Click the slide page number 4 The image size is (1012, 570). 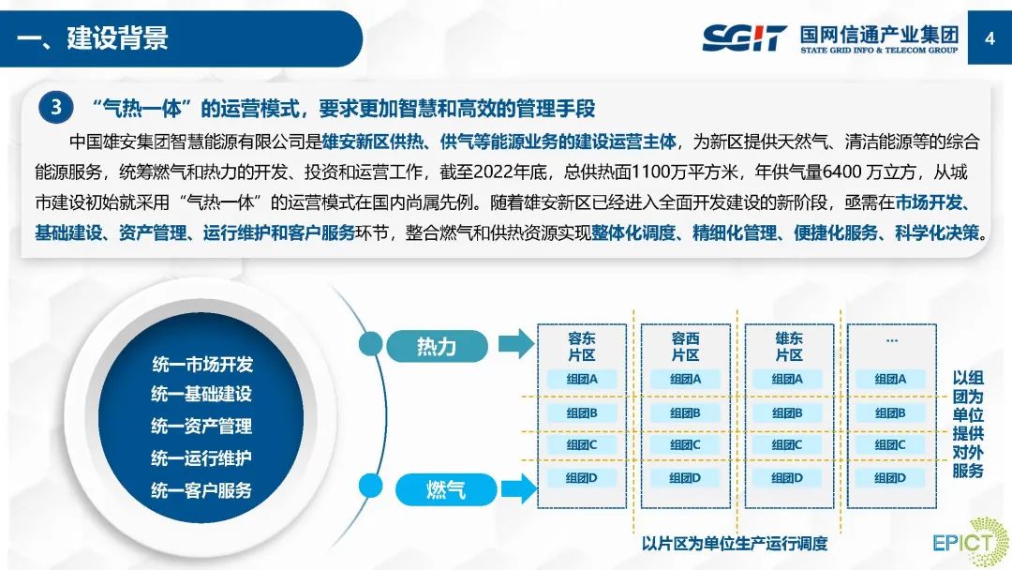(x=990, y=38)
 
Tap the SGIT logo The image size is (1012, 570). (x=744, y=38)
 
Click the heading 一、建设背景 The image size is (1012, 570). (x=94, y=38)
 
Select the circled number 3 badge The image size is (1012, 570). (x=56, y=107)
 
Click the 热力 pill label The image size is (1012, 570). (x=437, y=346)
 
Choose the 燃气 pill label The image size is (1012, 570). (x=445, y=489)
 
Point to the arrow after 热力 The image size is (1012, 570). (x=513, y=345)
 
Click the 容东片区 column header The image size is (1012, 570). (x=582, y=347)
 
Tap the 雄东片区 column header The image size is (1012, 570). (x=789, y=347)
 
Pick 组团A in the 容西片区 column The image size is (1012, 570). (x=686, y=380)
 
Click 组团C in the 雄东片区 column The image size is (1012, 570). (x=788, y=444)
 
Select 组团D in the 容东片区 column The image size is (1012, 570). (x=582, y=477)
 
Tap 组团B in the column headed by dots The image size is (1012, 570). (x=890, y=412)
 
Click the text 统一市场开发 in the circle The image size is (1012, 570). (x=201, y=365)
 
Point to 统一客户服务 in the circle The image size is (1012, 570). (x=201, y=490)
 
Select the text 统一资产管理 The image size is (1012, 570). (x=201, y=427)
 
